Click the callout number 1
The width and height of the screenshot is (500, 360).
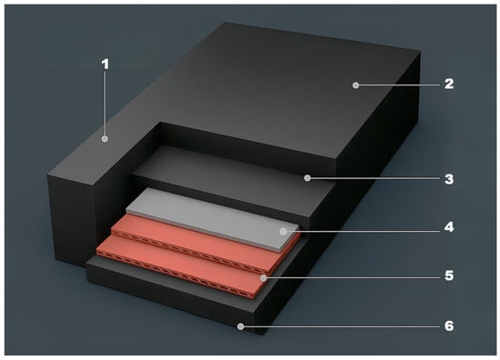coord(105,65)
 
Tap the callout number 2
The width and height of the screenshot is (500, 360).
coord(449,84)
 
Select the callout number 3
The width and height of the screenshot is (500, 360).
coord(449,179)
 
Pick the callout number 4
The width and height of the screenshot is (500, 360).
coord(449,227)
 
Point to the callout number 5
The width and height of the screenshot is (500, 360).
coord(449,275)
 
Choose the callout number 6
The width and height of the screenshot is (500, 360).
coord(449,325)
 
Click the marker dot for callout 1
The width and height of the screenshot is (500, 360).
coord(105,139)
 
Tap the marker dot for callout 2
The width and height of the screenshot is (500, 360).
coord(355,85)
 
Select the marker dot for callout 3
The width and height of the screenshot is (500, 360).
coord(307,178)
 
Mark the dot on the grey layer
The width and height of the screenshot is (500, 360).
coord(283,232)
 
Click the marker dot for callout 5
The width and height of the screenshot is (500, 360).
coord(263,278)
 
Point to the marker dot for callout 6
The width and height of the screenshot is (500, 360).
coord(241,326)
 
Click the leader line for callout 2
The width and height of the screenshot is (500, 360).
coord(399,85)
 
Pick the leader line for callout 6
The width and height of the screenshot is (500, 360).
coord(342,326)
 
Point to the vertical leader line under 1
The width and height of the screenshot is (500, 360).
coord(105,104)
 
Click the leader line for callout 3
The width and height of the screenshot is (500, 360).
coord(375,178)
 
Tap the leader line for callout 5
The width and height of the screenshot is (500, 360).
coord(353,278)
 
